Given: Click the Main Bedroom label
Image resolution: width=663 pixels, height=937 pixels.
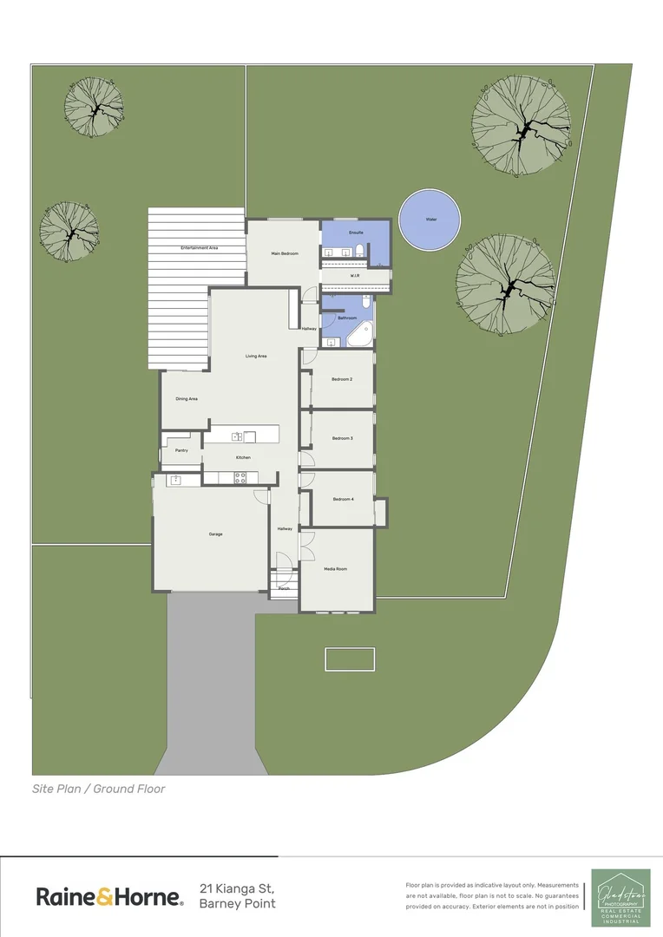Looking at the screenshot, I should pos(286,253).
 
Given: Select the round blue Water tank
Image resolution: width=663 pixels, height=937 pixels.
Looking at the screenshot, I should pos(430,220).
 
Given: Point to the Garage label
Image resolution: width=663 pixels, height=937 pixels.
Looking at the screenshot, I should pos(215,534).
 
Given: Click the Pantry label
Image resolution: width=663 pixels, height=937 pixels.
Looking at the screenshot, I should pos(181,450).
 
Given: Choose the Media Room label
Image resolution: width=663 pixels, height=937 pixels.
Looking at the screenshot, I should pos(336,568).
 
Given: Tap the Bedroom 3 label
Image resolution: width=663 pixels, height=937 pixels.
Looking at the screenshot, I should pos(343,438).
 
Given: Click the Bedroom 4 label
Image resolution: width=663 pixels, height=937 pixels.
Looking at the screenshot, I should pos(343,499).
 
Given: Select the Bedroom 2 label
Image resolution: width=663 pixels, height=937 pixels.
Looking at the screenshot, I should pos(342,379).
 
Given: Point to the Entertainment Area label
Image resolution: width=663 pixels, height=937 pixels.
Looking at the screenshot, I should pos(199,248).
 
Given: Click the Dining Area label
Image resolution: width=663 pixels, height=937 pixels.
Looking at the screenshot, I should pos(187,398).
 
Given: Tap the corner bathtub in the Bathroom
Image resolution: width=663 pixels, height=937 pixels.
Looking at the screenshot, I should pos(361,333).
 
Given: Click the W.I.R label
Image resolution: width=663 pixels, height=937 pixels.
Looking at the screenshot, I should pos(355,276).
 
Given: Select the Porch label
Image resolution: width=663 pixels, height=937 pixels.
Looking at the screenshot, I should pos(284,588).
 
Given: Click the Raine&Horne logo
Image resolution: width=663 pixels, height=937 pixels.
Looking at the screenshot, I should pos(109,896).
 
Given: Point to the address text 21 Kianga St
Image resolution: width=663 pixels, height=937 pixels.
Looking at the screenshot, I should pos(237,888).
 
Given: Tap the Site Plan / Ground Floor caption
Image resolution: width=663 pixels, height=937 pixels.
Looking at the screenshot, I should pos(98,789).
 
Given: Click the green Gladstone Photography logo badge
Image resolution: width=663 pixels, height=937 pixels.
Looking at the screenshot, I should pos(620,898).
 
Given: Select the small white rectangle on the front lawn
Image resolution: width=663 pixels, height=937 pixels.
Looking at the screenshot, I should pos(350,659).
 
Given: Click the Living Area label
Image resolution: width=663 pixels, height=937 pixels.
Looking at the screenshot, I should pos(256,356).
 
